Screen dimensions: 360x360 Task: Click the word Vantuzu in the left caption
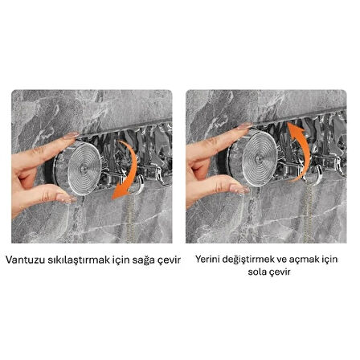(x=25, y=260)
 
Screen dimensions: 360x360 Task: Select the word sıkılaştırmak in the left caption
(x=73, y=260)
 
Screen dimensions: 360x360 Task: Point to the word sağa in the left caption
(x=137, y=260)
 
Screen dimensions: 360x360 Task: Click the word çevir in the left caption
(x=166, y=260)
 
